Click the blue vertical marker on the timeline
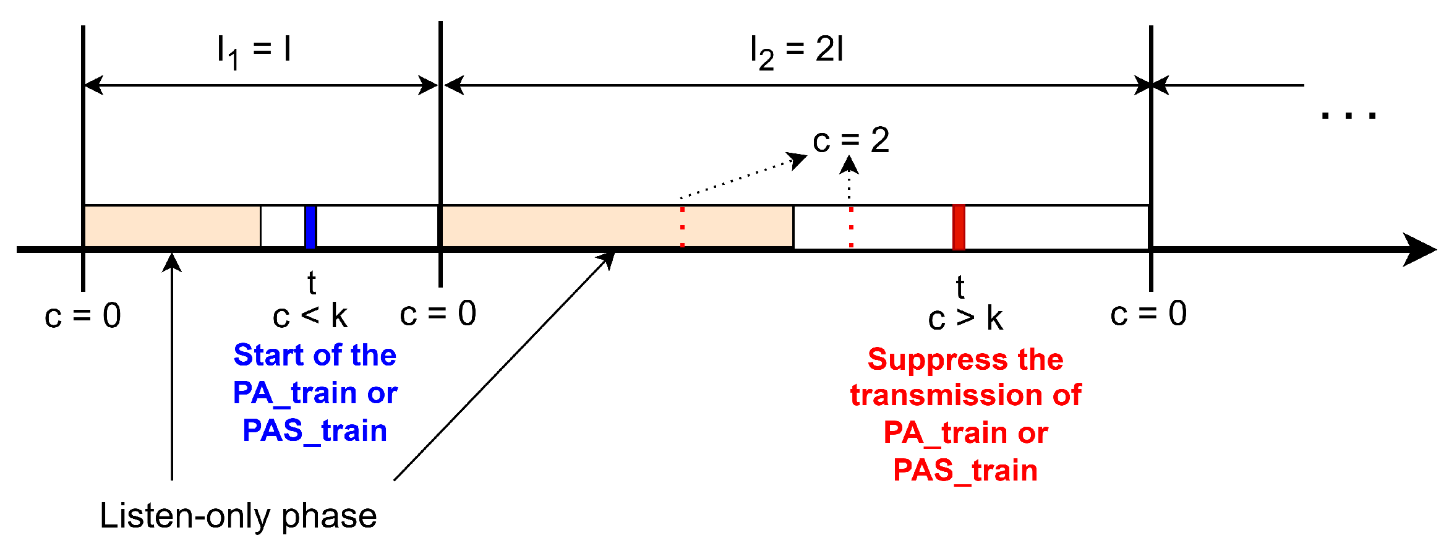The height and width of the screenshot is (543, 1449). [x=311, y=226]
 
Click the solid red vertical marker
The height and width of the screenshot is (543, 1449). [x=959, y=227]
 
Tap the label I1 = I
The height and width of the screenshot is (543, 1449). [x=254, y=51]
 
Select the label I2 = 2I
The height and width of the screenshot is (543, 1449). [x=797, y=51]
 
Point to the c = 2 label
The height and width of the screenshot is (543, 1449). [x=851, y=140]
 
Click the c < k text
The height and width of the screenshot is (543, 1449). [x=310, y=316]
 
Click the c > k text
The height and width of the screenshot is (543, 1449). [x=965, y=319]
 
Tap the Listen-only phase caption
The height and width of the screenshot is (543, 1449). [x=238, y=515]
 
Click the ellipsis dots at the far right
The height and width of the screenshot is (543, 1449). [x=1348, y=115]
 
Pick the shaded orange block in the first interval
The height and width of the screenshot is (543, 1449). [x=172, y=226]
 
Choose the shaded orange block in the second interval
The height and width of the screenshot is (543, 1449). [x=617, y=226]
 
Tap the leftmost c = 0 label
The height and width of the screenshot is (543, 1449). [x=83, y=315]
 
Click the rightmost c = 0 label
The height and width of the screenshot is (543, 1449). [x=1148, y=314]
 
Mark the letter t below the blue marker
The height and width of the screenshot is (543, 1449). [x=312, y=283]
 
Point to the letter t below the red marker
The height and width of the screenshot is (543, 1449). [x=960, y=287]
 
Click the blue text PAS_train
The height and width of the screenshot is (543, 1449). [x=315, y=430]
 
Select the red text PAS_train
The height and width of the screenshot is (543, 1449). [x=965, y=470]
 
